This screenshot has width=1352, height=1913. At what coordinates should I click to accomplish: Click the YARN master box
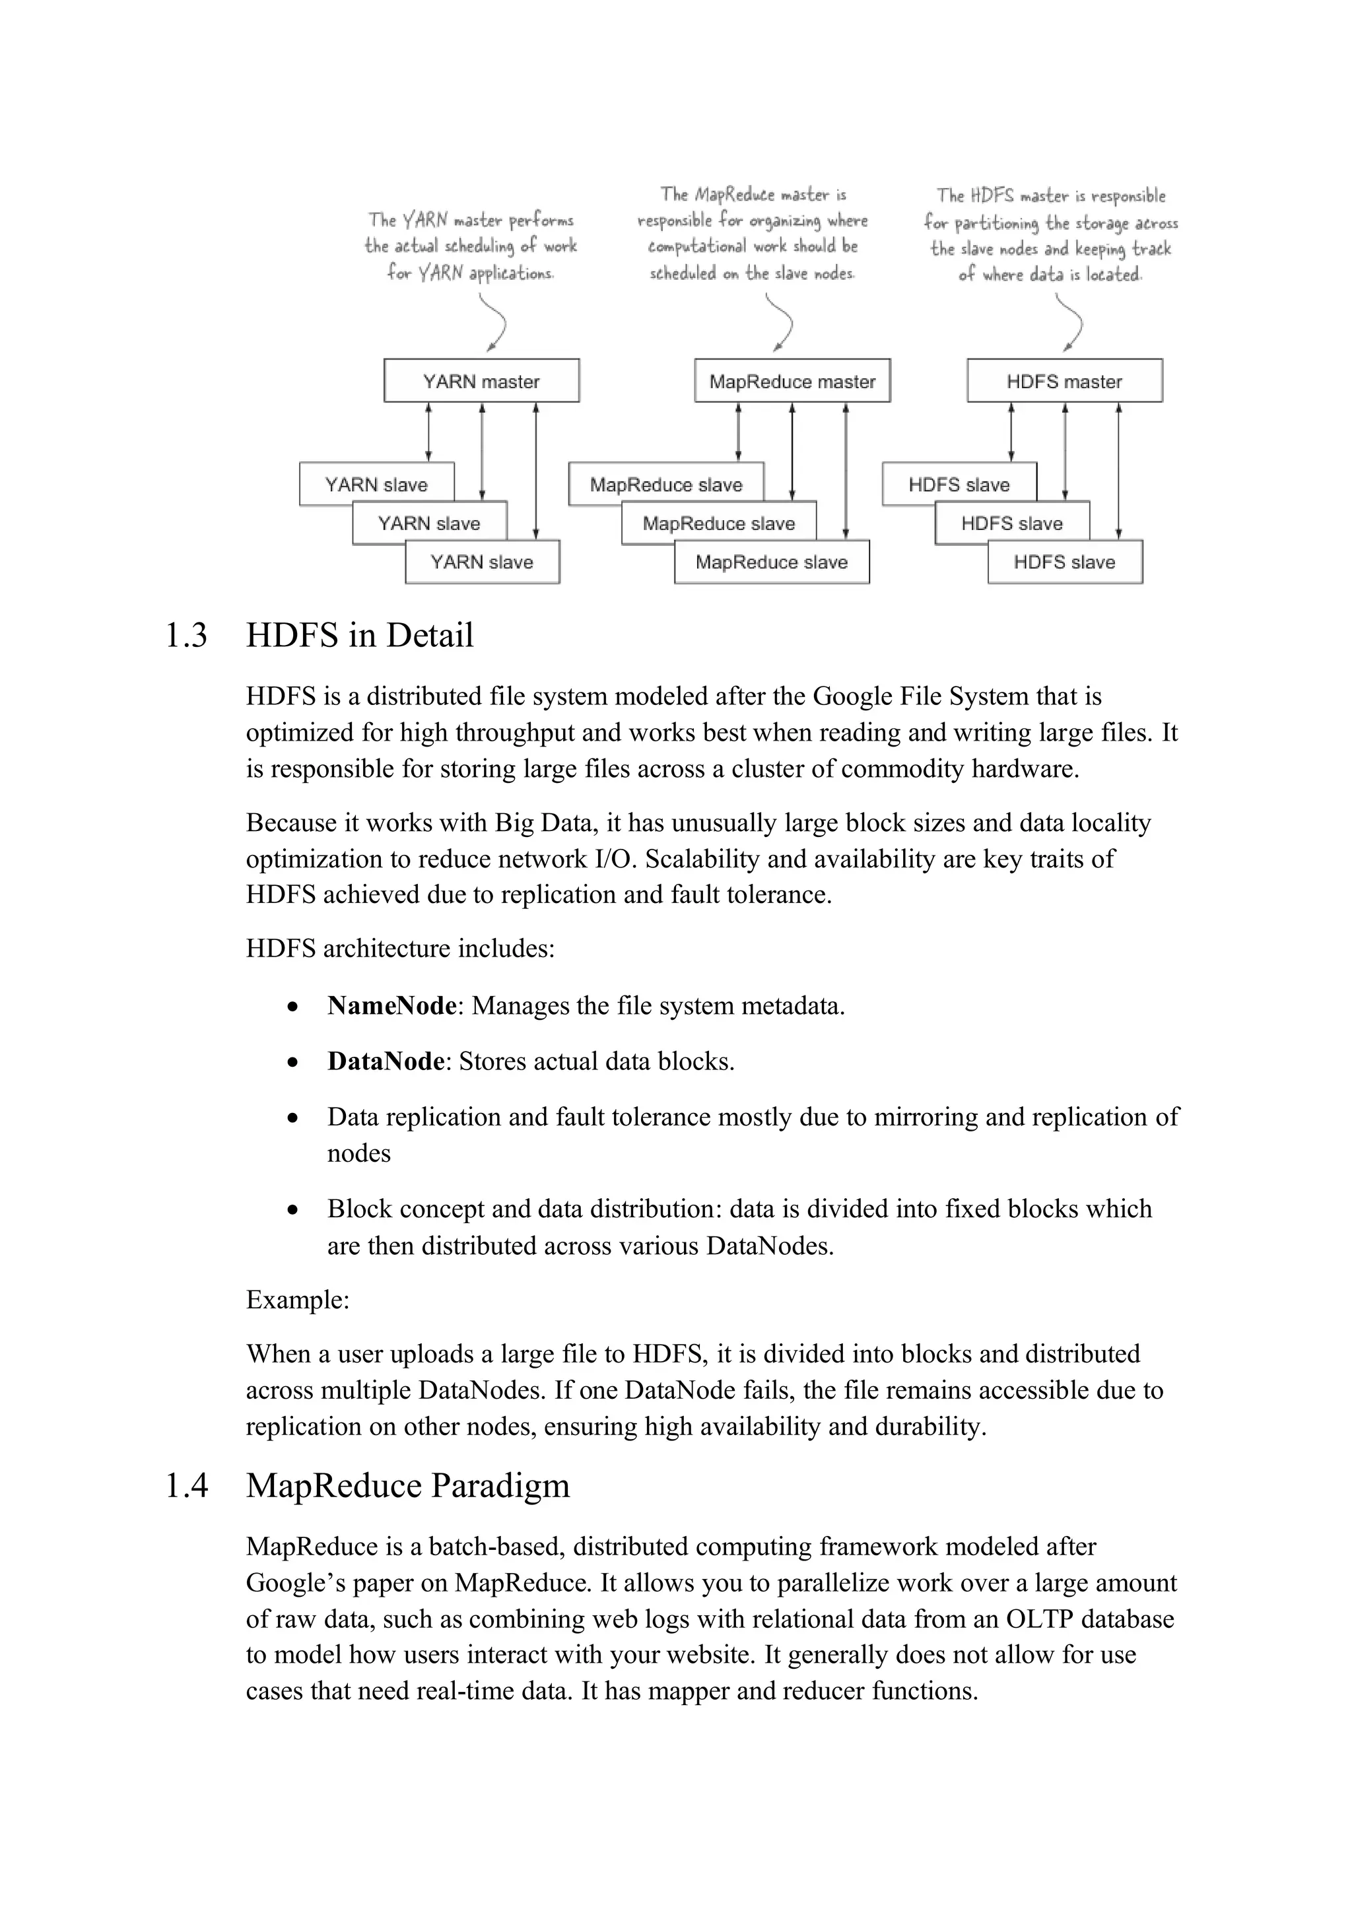[x=481, y=381]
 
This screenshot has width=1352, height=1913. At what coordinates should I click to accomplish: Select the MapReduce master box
[x=792, y=381]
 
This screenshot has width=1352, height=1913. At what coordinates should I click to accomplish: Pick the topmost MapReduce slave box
[x=665, y=484]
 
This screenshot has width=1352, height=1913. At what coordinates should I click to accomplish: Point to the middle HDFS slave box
[x=1011, y=523]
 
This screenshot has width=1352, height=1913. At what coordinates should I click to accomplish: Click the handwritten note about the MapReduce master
[x=752, y=233]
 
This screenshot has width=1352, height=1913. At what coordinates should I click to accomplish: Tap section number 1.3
[x=186, y=636]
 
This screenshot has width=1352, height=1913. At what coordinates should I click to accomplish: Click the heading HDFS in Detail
[x=359, y=636]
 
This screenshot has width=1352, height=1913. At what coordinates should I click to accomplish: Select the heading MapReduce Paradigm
[x=407, y=1485]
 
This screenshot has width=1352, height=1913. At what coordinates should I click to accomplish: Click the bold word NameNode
[x=391, y=1005]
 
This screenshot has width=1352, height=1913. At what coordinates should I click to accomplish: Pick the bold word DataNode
[x=386, y=1061]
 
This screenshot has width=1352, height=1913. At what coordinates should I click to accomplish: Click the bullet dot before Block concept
[x=292, y=1209]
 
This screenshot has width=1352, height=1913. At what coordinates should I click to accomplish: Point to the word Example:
[x=297, y=1300]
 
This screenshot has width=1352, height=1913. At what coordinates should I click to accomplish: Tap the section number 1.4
[x=186, y=1485]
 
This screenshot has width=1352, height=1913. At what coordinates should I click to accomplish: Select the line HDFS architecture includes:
[x=400, y=948]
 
